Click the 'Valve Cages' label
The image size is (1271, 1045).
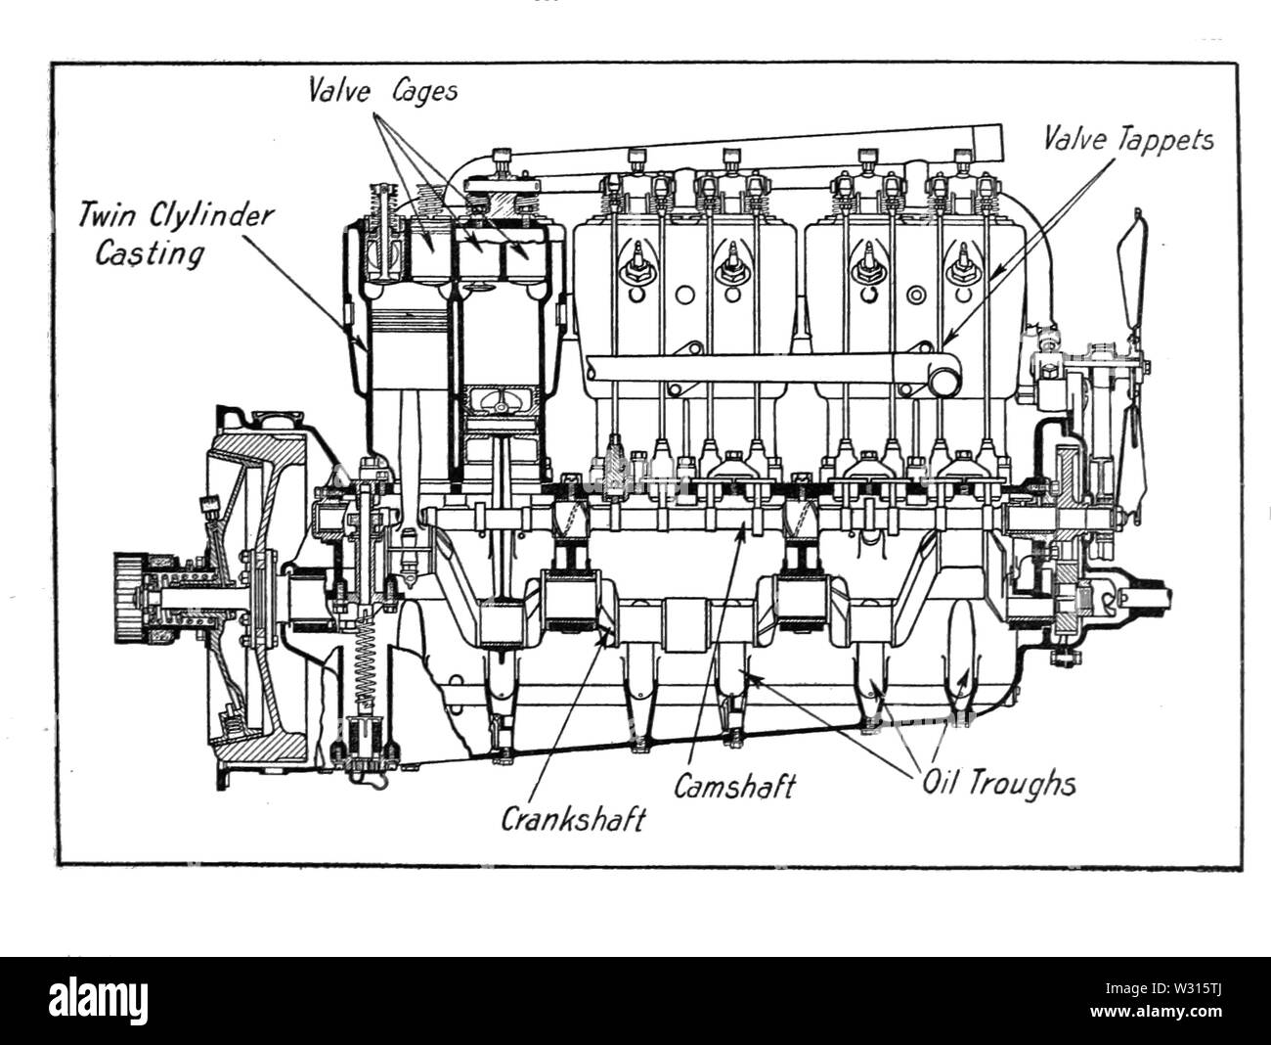click(382, 91)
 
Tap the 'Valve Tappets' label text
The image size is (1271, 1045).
click(1127, 140)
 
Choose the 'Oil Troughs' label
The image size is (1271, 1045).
click(998, 784)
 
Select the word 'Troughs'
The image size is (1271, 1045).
click(1031, 784)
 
